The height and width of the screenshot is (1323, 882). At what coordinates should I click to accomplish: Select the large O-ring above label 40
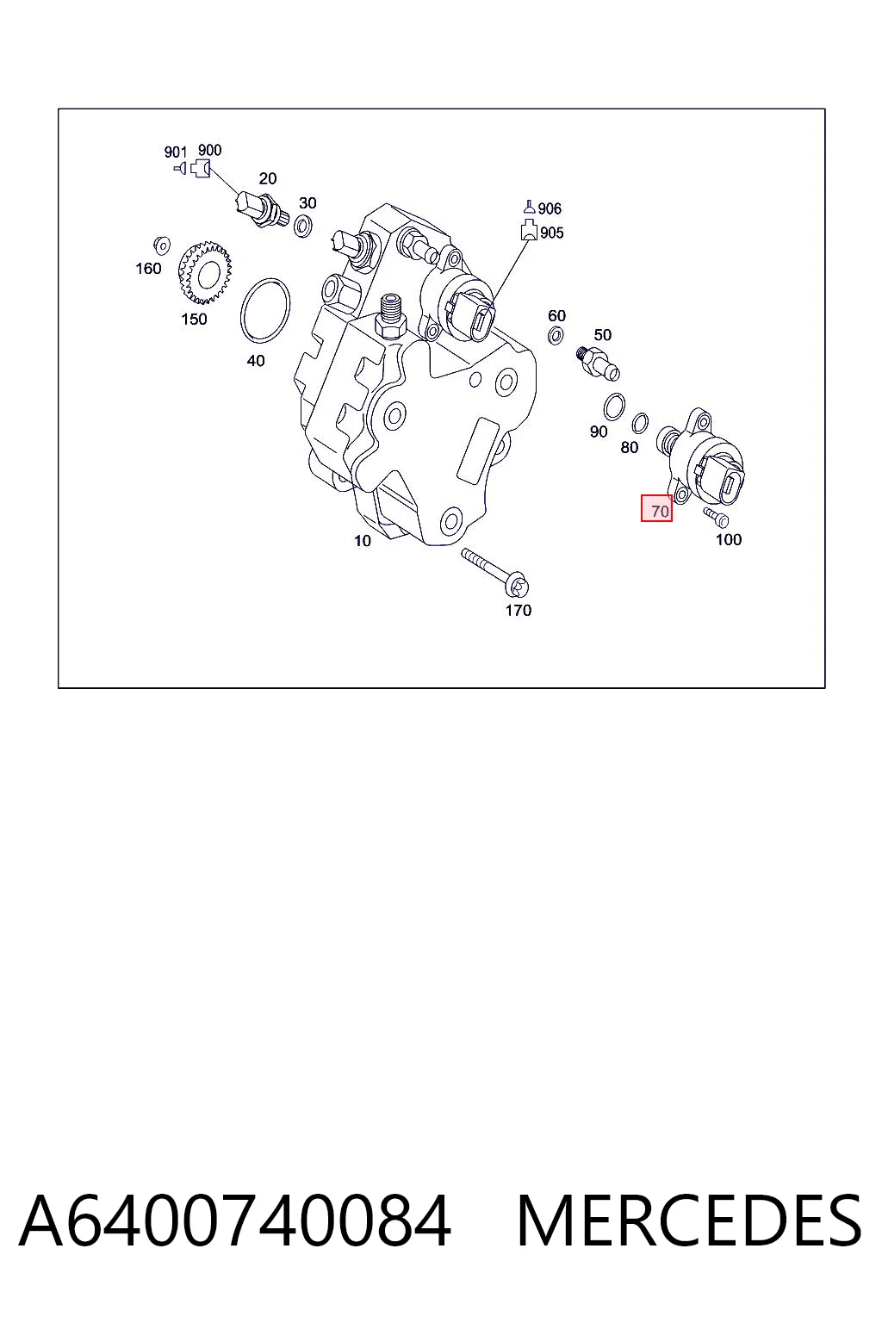pos(265,310)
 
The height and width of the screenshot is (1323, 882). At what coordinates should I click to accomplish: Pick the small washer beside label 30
pos(303,227)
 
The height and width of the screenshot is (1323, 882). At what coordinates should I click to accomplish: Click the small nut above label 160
pos(161,245)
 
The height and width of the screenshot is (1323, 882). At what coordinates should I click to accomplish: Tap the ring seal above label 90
pos(614,407)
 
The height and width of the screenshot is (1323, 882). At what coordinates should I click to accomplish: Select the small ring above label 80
pos(640,424)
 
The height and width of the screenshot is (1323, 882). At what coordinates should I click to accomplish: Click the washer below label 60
pos(556,336)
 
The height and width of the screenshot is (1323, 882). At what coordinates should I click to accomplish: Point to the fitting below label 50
pos(597,363)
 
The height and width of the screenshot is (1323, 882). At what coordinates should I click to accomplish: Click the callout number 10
pos(362,540)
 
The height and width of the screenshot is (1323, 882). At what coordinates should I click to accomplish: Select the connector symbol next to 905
pos(530,230)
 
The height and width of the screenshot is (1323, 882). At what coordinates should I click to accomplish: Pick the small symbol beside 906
pos(530,207)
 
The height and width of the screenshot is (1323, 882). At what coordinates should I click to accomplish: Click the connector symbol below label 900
pos(201,169)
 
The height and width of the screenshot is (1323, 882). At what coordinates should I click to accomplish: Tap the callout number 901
pos(176,152)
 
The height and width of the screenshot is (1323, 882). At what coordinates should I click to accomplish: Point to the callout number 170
pos(519,610)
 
